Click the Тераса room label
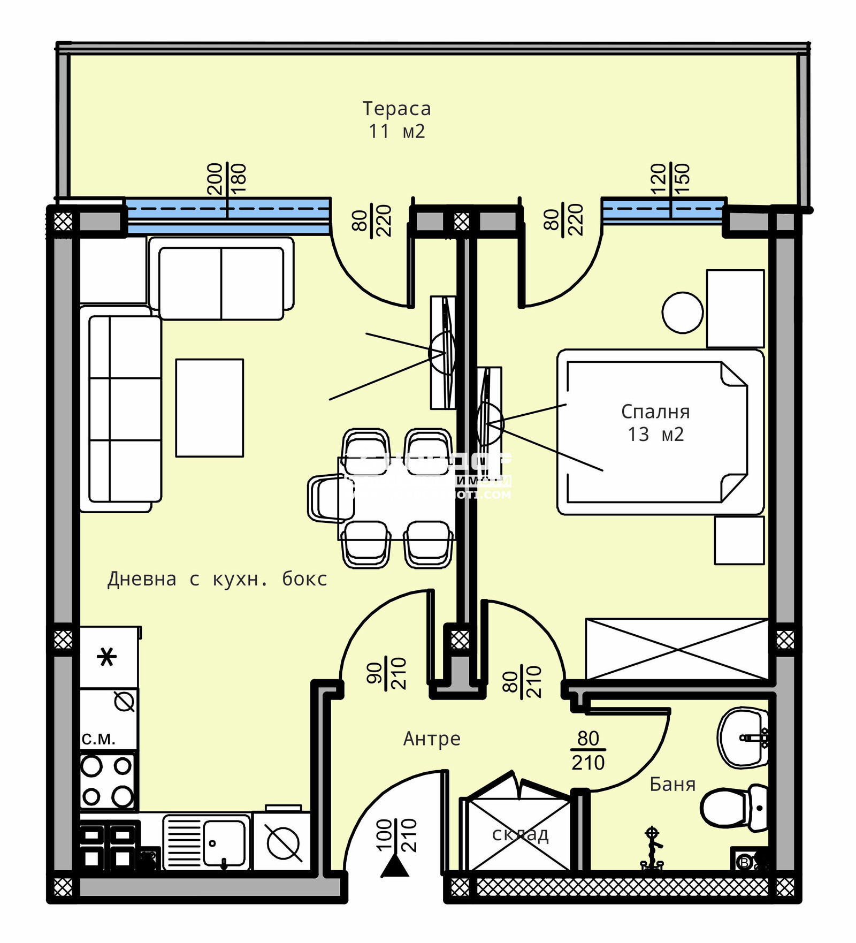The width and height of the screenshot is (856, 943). (x=396, y=109)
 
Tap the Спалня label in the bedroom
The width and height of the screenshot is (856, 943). (x=655, y=412)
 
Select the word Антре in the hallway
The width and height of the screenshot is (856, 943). (x=431, y=739)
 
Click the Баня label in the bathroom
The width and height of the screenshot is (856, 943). (x=672, y=784)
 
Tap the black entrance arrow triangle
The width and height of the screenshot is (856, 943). (x=395, y=866)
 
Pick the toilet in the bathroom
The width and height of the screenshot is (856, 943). (x=734, y=808)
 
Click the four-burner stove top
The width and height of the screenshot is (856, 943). (x=107, y=781)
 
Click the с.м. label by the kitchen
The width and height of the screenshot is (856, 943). (x=98, y=739)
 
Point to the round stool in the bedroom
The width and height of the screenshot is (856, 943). (x=682, y=313)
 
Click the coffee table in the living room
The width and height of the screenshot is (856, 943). (x=210, y=408)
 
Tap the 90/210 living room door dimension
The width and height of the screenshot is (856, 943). (x=386, y=673)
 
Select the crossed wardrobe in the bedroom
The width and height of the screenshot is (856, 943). (x=677, y=649)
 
